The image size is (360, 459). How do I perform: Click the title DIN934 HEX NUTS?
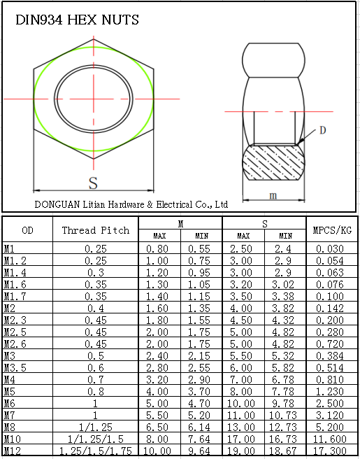(x=77, y=20)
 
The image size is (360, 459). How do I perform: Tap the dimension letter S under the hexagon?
(x=93, y=183)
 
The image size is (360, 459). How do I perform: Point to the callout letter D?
(x=322, y=130)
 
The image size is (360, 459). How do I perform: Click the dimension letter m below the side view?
(x=273, y=195)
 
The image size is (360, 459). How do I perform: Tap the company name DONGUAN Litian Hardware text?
(x=131, y=204)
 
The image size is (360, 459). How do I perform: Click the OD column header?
(x=27, y=230)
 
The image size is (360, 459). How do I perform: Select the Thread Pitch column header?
(x=96, y=230)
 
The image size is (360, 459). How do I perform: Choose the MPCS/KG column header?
(x=332, y=230)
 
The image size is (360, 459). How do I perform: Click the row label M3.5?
(x=15, y=367)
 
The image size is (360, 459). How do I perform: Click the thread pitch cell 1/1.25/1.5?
(x=96, y=439)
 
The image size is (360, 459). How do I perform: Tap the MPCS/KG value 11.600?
(x=332, y=439)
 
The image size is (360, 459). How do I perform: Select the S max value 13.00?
(x=243, y=427)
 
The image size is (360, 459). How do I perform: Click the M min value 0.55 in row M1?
(x=201, y=248)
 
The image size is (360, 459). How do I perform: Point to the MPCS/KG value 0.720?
(x=332, y=344)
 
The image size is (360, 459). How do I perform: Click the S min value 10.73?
(x=285, y=415)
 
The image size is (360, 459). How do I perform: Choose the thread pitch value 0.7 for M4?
(x=96, y=379)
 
